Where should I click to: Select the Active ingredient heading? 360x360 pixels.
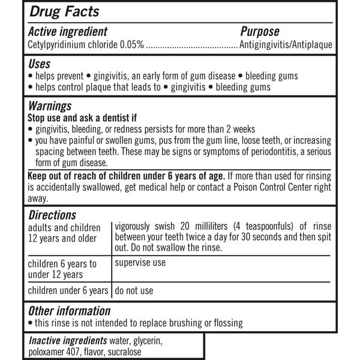68,32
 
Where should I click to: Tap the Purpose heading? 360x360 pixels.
260,32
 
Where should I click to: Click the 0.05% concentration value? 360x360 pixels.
132,44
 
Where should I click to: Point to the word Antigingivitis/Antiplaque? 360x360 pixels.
286,44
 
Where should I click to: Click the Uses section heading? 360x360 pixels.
40,64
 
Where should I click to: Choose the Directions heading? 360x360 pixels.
52,214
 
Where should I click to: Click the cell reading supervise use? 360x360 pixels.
140,262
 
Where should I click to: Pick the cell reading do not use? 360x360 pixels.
134,290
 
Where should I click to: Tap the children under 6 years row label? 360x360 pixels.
69,290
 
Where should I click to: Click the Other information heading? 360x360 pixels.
70,311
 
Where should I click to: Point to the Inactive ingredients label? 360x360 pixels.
69,340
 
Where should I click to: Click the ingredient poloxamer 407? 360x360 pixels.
55,352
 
